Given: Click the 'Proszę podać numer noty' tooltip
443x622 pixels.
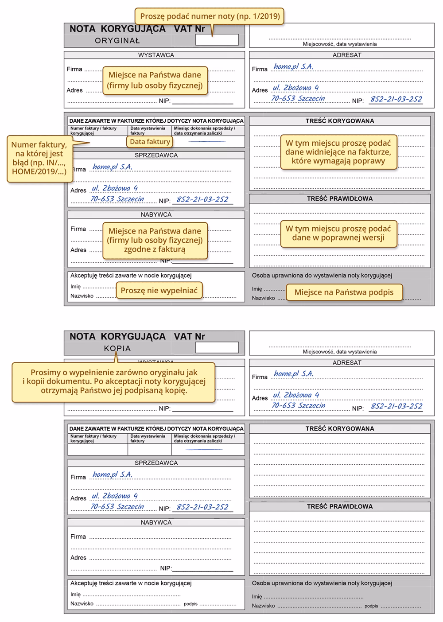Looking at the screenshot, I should coord(210,16).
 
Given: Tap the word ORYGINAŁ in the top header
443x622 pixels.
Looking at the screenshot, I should coord(117,41).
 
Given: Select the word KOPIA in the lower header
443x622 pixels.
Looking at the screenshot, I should coord(117,349).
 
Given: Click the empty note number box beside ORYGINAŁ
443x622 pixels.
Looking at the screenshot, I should coord(217,40).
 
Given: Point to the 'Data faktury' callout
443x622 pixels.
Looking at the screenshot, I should coord(150,142).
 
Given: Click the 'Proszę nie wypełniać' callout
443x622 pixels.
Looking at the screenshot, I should coord(159,291).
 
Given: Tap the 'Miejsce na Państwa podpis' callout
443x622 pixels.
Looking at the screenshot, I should coord(344,292).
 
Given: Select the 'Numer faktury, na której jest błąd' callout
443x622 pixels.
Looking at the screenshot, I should coord(39,158).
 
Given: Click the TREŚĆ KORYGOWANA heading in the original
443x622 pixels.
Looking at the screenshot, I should coord(340,121).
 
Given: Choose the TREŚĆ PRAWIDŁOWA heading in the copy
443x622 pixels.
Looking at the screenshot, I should coord(340,506).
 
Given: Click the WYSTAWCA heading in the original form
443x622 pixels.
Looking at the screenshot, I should coord(156,55).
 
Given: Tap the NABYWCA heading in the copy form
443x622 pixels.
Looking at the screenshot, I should coord(156,522).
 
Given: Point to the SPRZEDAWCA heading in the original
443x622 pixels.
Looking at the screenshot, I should coord(156,155).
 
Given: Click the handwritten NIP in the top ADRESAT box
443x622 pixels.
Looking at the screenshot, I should coord(396,99).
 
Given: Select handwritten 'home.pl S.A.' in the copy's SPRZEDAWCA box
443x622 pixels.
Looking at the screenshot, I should coord(113,474).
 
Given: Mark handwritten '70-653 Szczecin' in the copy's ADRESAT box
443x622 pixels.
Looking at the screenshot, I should coord(298,406).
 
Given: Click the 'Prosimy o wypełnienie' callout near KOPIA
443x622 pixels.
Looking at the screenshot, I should coord(114,381).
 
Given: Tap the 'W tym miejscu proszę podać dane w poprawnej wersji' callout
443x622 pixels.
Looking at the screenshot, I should coord(338,233).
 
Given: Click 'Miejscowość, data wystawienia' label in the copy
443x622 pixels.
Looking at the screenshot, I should coord(340,352).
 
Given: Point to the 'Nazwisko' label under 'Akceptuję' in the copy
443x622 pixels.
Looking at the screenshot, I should coord(82,603).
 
